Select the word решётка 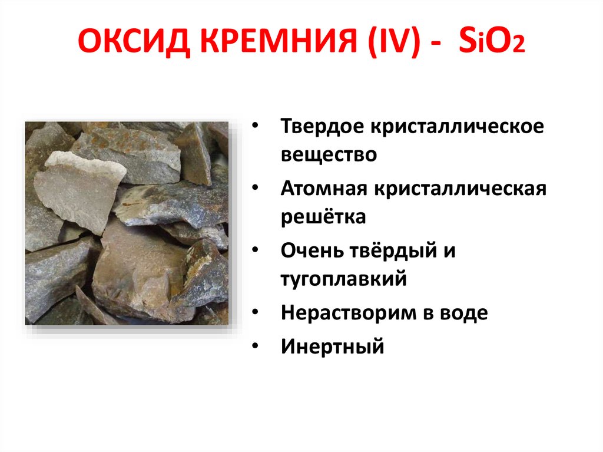point(323,217)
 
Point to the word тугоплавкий point(344,278)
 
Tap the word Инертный point(332,346)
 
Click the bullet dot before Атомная point(254,189)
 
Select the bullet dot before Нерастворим point(254,313)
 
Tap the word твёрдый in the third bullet point(397,250)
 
